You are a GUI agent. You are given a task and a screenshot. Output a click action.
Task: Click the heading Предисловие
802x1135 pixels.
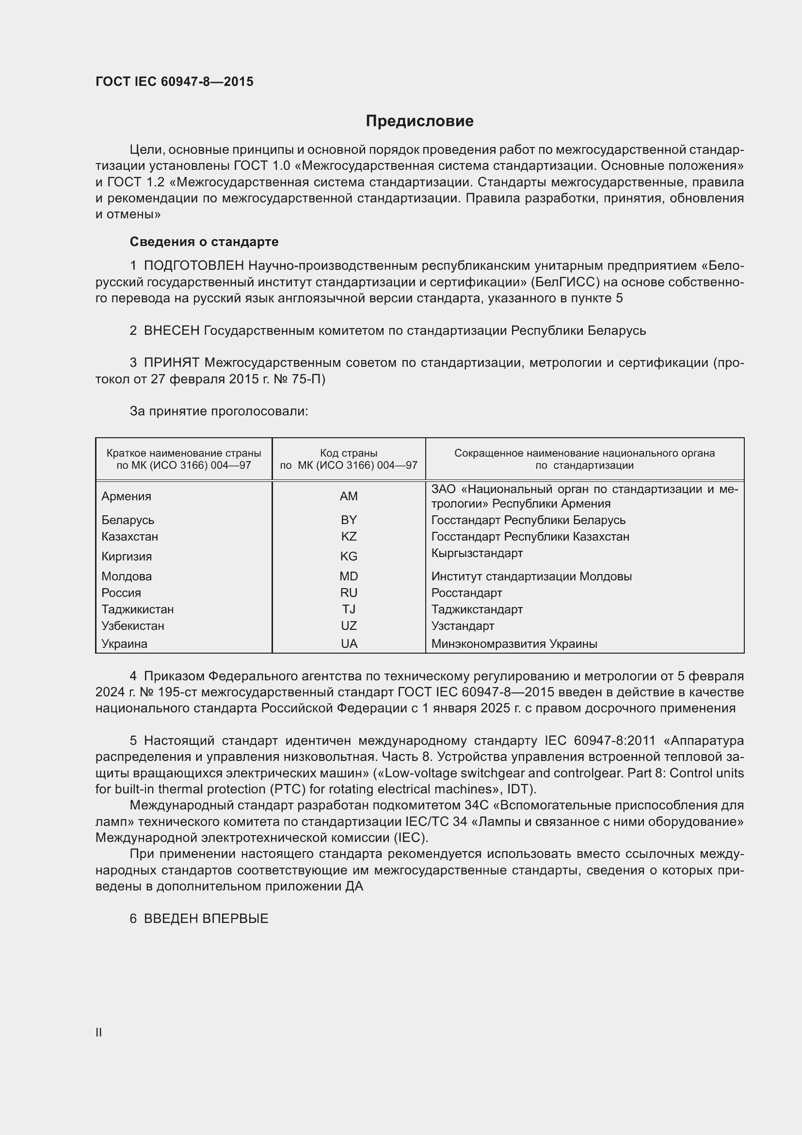[419, 121]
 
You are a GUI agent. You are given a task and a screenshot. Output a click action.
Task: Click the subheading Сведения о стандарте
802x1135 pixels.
[204, 242]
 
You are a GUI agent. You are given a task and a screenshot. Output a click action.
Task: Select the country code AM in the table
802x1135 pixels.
[349, 496]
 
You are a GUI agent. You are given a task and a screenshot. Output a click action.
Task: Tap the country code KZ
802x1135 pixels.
[349, 536]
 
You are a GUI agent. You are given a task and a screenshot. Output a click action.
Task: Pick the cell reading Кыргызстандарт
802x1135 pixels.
[477, 553]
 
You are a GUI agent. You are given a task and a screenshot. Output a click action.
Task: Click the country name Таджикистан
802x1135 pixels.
[138, 609]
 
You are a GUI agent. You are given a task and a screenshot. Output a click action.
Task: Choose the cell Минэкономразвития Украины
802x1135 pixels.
[514, 643]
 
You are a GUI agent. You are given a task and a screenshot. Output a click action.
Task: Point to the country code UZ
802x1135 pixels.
[349, 626]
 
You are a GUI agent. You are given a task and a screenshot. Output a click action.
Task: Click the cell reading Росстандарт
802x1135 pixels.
[466, 592]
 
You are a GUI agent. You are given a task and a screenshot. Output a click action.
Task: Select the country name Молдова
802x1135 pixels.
[127, 576]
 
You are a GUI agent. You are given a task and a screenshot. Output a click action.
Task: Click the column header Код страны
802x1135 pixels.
[349, 453]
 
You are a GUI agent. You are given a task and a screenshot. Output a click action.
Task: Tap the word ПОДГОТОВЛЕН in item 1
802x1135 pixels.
[193, 266]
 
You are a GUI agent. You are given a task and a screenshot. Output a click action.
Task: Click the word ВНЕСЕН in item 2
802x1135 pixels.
[171, 331]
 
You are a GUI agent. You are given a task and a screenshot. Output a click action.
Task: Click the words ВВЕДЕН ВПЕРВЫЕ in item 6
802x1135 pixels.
[206, 919]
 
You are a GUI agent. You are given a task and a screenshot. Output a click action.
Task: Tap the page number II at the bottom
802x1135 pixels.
[99, 1032]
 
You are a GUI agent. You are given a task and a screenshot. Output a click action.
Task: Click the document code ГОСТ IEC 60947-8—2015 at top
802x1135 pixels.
[175, 82]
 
